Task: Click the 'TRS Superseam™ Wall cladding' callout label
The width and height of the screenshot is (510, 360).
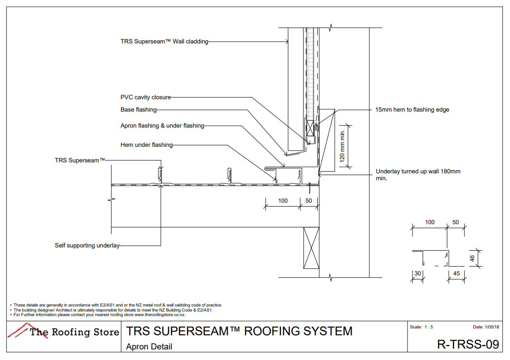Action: click(164, 42)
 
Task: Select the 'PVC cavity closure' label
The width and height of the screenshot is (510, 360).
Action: click(146, 97)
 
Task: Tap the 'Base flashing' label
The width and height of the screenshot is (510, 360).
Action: click(138, 110)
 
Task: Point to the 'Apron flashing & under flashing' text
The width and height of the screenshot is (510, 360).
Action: click(162, 126)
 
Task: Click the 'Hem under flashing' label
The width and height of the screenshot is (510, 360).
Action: click(146, 145)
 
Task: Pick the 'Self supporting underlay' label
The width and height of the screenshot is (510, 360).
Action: click(87, 246)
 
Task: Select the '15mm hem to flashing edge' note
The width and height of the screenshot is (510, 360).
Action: click(412, 110)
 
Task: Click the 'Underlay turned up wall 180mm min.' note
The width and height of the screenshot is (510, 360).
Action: click(418, 175)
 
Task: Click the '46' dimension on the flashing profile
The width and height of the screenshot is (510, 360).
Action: click(472, 258)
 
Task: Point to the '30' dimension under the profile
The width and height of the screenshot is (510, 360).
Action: click(417, 274)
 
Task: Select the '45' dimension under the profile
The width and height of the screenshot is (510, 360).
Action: click(456, 274)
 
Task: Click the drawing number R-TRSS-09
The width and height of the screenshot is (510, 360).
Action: click(468, 344)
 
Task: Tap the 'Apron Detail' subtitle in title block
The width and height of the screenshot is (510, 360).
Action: click(149, 347)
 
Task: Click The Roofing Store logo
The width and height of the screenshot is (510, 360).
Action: click(64, 331)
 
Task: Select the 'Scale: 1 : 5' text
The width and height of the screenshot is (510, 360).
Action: click(421, 327)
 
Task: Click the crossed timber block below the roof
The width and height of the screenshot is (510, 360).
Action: click(311, 248)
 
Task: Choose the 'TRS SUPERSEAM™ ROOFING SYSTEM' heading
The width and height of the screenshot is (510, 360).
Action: click(239, 331)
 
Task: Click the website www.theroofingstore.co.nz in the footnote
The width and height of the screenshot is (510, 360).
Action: click(159, 315)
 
